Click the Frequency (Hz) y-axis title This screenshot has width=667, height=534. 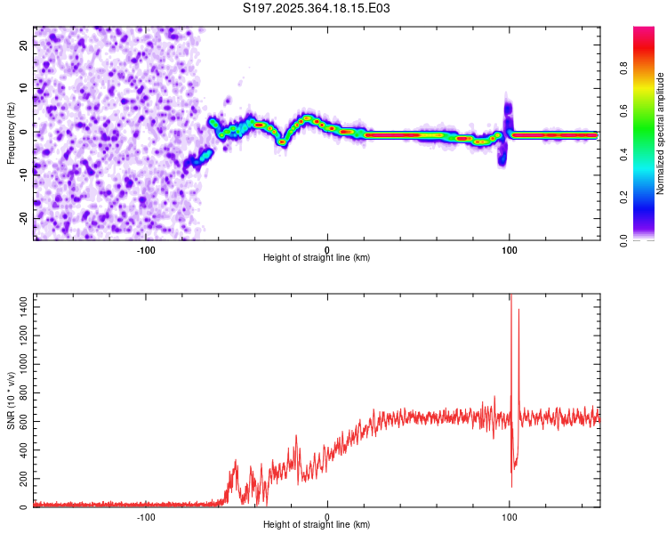pos(11,133)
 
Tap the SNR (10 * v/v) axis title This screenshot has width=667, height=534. pos(11,400)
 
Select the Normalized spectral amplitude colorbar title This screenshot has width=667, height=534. pos(661,133)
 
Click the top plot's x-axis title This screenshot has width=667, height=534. pos(317,257)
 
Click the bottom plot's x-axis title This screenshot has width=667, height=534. pos(317,524)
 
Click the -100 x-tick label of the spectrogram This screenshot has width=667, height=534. pos(146,248)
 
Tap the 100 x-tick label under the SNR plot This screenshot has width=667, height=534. pos(509,515)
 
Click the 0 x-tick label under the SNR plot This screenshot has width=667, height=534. pos(327,515)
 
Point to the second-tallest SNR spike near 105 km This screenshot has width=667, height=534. pos(518,311)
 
